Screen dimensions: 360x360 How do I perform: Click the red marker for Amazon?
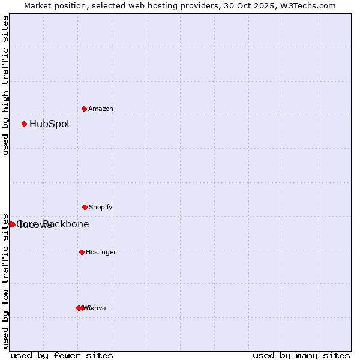(x=84, y=109)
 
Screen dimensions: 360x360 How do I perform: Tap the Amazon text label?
(x=101, y=109)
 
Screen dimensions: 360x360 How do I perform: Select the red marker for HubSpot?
(x=24, y=124)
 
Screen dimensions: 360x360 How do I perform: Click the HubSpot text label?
(x=50, y=124)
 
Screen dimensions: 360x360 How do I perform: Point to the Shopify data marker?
(x=85, y=207)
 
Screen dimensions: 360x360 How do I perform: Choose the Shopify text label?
(x=101, y=208)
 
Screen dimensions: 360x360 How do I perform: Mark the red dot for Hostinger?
(x=82, y=252)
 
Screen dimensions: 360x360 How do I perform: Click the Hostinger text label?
(x=101, y=253)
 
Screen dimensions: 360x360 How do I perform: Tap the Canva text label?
(x=97, y=308)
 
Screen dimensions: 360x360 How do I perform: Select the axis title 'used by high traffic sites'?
(x=6, y=85)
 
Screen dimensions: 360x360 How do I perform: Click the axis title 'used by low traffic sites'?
(x=6, y=281)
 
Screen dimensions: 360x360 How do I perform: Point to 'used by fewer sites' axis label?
(x=62, y=356)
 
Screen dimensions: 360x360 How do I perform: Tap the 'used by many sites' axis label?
(x=301, y=356)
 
